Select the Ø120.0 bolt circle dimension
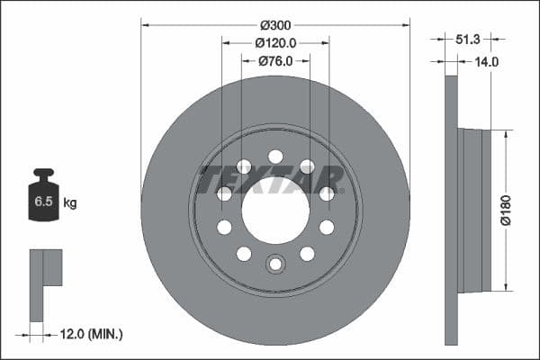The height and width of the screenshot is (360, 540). [x=275, y=43]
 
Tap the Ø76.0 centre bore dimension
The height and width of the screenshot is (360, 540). [x=275, y=61]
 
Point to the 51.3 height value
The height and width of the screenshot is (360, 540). [x=468, y=40]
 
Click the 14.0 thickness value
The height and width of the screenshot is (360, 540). [x=486, y=62]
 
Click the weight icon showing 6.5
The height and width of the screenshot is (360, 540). [x=42, y=199]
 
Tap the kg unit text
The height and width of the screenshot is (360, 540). [x=69, y=203]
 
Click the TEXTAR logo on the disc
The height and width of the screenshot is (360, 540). [x=270, y=180]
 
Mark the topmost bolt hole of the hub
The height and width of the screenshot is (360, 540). [x=275, y=157]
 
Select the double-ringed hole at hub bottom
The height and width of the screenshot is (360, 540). [x=275, y=264]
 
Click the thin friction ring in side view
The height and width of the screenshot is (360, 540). [x=452, y=211]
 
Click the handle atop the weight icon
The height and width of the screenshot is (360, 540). [x=42, y=173]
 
